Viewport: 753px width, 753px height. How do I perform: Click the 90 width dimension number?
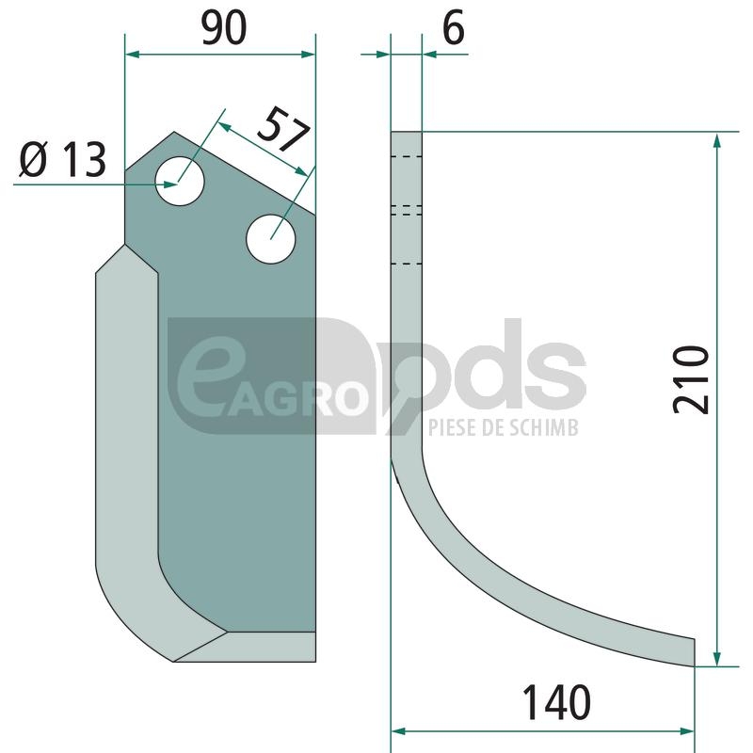(x=224, y=29)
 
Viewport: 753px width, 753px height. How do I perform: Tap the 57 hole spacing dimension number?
(x=283, y=130)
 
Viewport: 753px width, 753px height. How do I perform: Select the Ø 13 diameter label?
(x=62, y=159)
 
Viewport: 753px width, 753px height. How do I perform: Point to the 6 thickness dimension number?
(x=454, y=28)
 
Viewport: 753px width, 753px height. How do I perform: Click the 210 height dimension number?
(x=691, y=379)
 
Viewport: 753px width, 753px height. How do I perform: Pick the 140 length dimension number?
(x=556, y=702)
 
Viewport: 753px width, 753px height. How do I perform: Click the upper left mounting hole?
(x=180, y=181)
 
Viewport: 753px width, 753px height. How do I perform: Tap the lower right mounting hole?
(x=270, y=239)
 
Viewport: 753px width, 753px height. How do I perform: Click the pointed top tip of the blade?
(x=174, y=132)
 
